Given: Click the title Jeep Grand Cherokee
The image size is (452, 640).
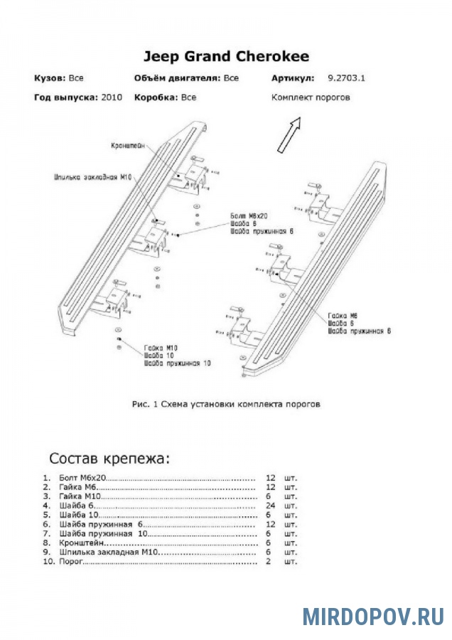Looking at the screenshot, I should point(226,57).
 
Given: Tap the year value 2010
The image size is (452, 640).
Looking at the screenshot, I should point(112,97).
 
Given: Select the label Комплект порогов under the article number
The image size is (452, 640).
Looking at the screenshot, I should point(310,97).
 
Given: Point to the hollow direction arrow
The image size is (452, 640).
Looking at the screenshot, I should point(289,134).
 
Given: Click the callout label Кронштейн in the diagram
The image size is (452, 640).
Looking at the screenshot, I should point(128,145).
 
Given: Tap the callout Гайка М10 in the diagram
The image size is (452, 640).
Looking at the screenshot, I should point(160,348).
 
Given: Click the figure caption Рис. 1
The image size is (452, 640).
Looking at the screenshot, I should point(226,404).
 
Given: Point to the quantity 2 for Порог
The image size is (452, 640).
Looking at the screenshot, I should point(269,562).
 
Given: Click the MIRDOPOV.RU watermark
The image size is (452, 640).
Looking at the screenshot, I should point(373,616).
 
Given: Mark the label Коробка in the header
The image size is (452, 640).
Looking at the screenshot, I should point(155,97).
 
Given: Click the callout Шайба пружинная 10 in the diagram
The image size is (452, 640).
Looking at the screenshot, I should point(177,363).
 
